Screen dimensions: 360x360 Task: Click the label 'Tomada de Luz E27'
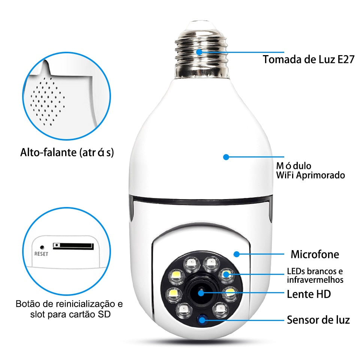coord(308,59)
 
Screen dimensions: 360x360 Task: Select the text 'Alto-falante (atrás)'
coord(67,153)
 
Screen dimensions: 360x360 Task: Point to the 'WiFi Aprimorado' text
coord(310,175)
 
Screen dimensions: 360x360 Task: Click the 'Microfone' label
coord(315,254)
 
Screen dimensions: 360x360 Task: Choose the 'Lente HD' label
coord(309,294)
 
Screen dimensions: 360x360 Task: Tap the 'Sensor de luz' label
coord(318,320)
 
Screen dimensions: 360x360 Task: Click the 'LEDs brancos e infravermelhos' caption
coord(315,276)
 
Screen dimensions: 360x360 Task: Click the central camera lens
coord(202,293)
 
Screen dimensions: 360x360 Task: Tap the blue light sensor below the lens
coord(203,320)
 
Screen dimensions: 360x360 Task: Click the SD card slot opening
coord(73,246)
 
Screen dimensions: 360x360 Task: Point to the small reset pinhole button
coord(42,247)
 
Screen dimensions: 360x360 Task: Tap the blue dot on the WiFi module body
coord(226,157)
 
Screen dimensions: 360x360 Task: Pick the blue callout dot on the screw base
coord(199,52)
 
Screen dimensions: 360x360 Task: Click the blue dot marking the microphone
coord(236,254)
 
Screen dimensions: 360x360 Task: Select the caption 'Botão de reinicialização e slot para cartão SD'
coord(69,308)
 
